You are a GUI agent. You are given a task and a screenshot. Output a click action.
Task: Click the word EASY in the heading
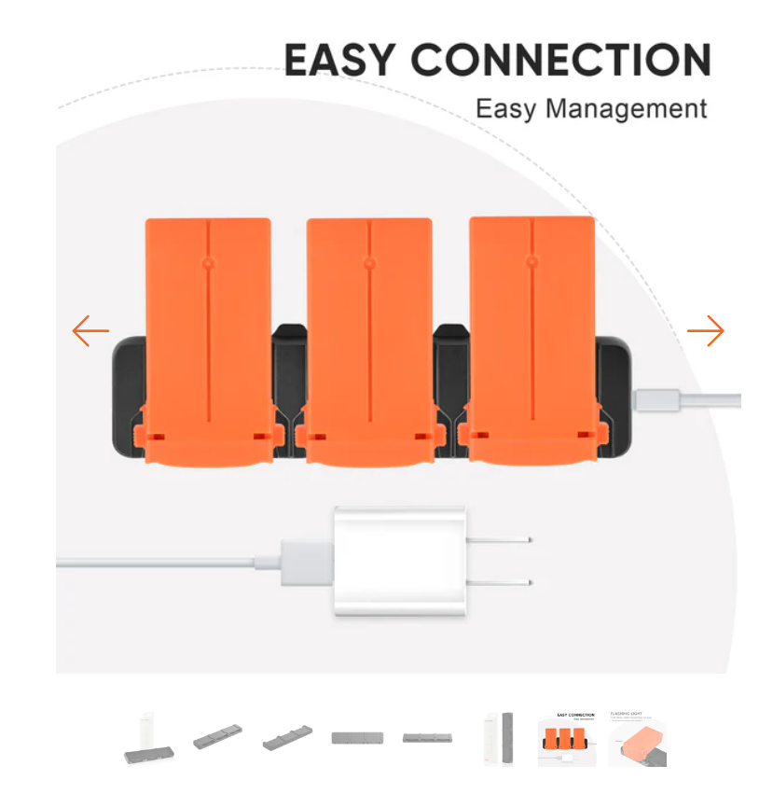(x=340, y=61)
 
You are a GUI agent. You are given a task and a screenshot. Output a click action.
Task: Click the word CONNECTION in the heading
(x=560, y=61)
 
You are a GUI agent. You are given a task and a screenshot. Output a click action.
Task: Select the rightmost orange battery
(x=531, y=336)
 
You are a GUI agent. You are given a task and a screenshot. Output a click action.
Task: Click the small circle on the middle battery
(x=369, y=264)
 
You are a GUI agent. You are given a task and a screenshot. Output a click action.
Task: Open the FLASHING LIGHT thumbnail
(x=638, y=738)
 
